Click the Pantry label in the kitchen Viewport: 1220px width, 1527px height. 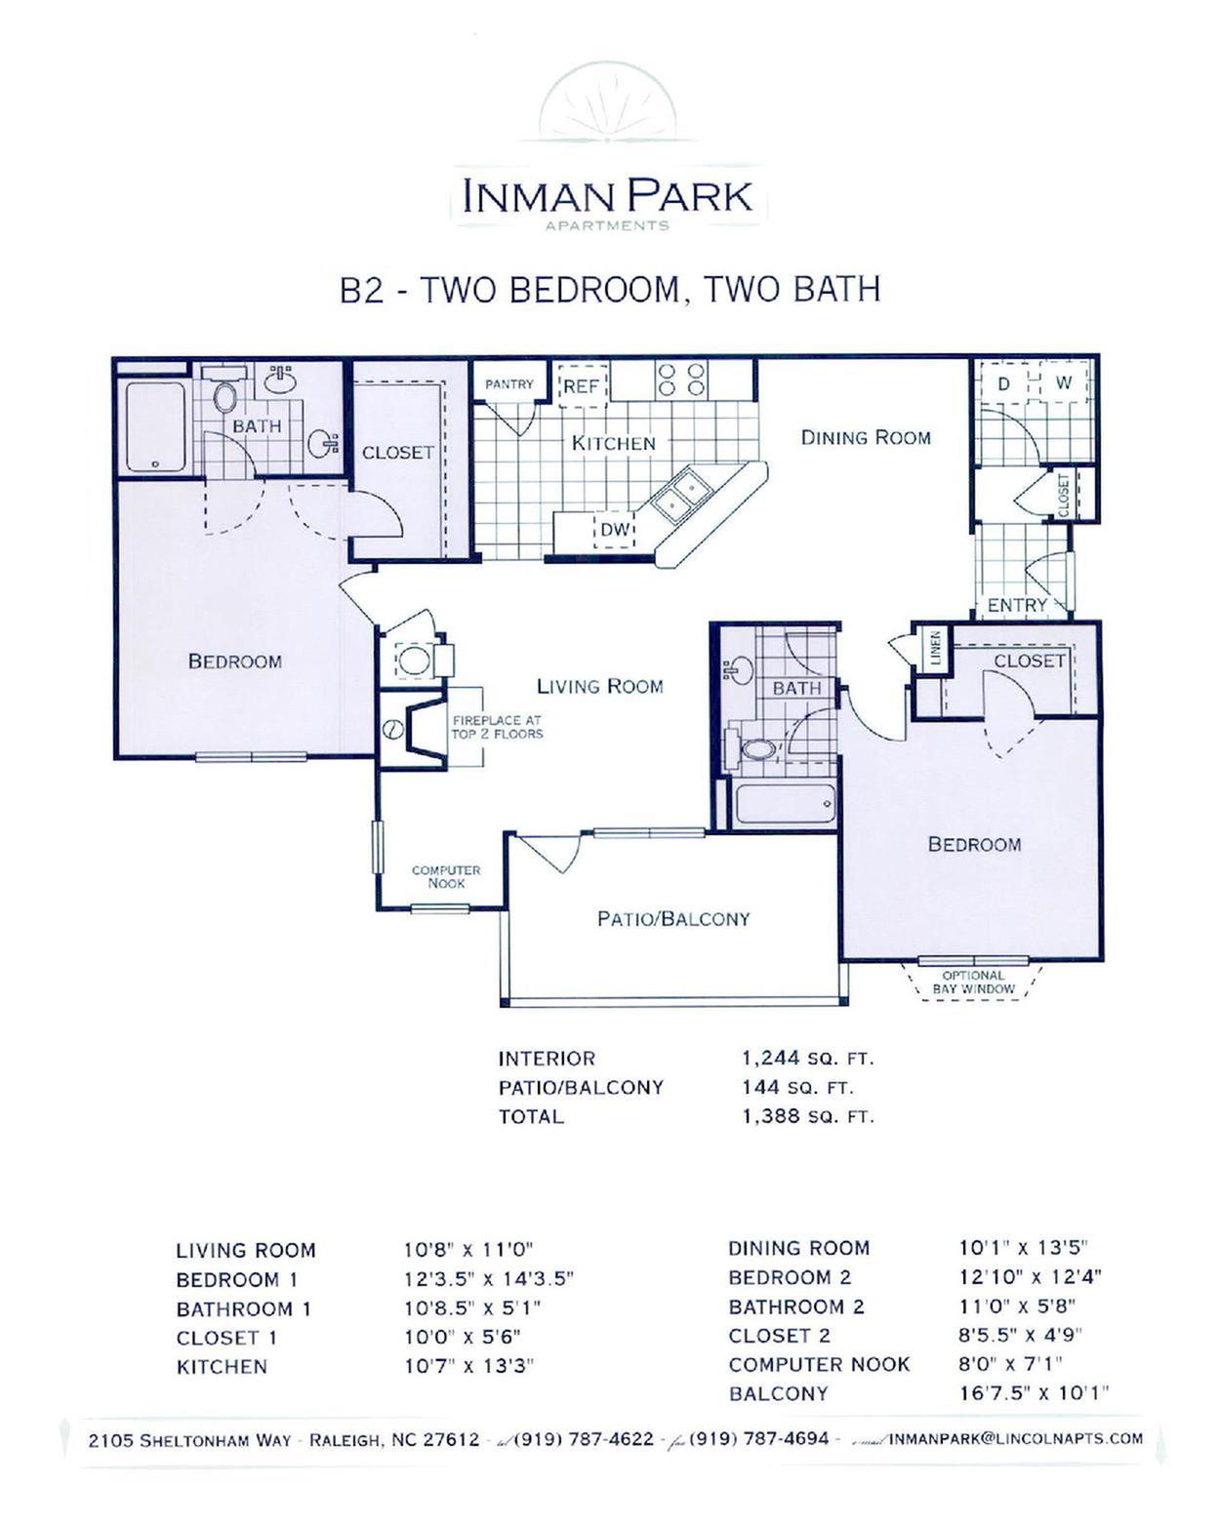[x=508, y=383]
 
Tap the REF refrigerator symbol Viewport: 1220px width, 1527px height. [x=583, y=386]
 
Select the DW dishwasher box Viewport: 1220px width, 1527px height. [x=615, y=530]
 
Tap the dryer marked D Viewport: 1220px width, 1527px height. [x=1003, y=383]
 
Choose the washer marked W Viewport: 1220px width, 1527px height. [x=1063, y=383]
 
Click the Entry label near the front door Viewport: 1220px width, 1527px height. [x=1017, y=605]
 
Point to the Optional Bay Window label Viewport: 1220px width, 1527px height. [x=973, y=982]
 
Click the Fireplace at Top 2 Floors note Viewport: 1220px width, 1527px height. [x=497, y=727]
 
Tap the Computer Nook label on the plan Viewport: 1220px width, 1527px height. [x=446, y=877]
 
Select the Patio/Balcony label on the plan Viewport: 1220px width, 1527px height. [x=672, y=919]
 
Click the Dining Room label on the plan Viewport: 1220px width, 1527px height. [x=865, y=437]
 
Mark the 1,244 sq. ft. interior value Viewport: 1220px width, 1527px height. [x=808, y=1059]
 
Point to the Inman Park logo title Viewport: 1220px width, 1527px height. [x=607, y=196]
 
